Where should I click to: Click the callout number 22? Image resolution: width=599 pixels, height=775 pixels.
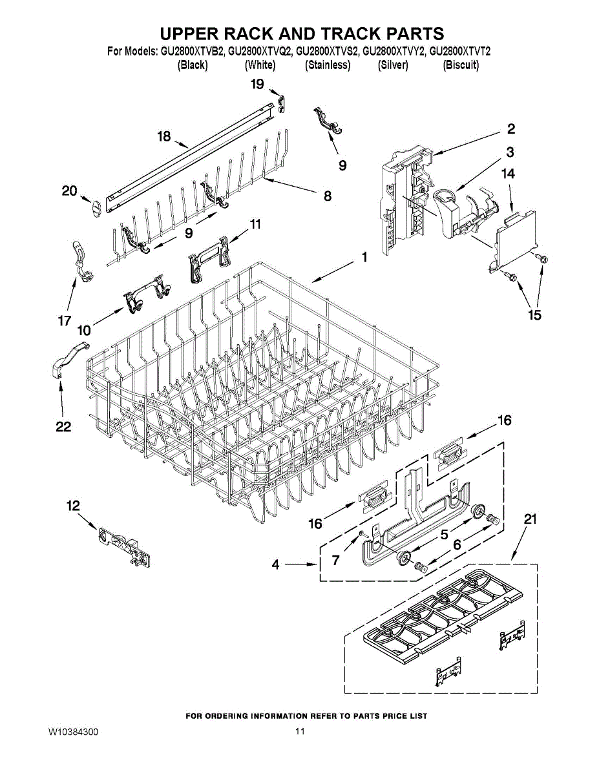[63, 426]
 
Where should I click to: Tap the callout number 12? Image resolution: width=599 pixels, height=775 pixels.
[74, 506]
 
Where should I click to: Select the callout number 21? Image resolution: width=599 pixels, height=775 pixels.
[530, 519]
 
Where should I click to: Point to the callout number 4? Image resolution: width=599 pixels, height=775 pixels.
[276, 564]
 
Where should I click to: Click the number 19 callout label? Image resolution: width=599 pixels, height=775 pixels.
[257, 84]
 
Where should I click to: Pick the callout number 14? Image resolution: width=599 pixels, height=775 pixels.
[508, 173]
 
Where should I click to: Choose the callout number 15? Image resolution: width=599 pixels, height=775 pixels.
[534, 315]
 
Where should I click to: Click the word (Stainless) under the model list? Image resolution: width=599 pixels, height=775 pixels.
[328, 65]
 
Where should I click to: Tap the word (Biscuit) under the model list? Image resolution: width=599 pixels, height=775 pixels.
[460, 65]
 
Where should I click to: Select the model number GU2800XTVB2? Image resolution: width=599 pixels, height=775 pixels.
[193, 52]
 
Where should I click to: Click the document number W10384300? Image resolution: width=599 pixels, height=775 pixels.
[73, 732]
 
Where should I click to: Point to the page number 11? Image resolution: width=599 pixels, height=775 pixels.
[299, 732]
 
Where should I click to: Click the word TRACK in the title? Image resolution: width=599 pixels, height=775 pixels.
[329, 34]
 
